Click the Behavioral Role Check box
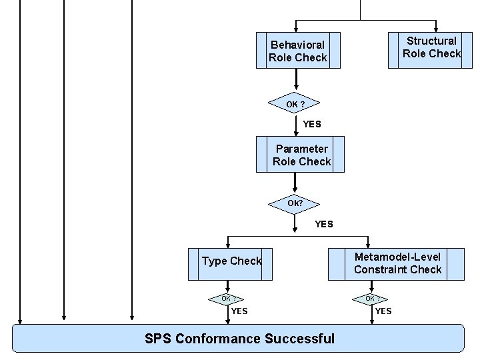(x=298, y=51)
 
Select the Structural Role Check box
(x=425, y=47)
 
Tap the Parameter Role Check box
(x=301, y=155)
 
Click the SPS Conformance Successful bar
(x=238, y=338)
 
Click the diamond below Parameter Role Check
(x=295, y=203)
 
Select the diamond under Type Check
(x=227, y=299)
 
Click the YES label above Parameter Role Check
(x=311, y=124)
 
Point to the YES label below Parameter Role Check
(x=323, y=224)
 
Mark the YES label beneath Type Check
(x=239, y=311)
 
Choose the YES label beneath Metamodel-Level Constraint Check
(x=383, y=311)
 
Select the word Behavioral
(x=297, y=45)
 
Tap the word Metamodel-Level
(x=397, y=257)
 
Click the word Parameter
(x=302, y=149)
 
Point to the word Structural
(x=431, y=41)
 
